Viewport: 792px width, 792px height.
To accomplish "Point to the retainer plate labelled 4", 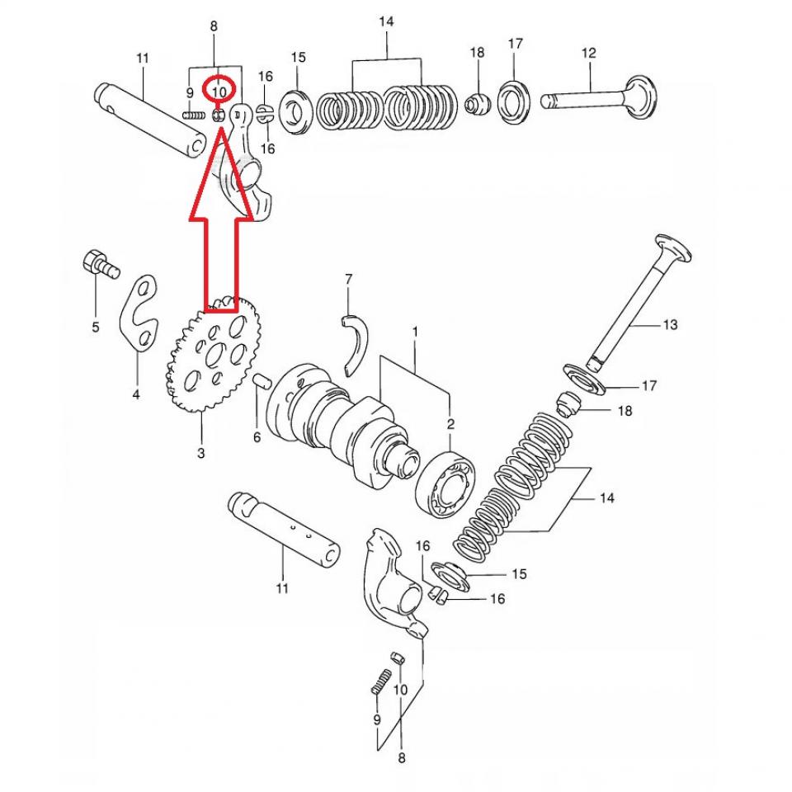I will [x=141, y=313].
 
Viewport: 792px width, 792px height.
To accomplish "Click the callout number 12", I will [x=588, y=54].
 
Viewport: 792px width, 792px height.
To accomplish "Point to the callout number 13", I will [x=669, y=325].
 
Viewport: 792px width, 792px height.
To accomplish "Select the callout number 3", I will [x=200, y=453].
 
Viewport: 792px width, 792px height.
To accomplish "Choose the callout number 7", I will [x=348, y=280].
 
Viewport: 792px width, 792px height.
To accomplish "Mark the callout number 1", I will [x=415, y=332].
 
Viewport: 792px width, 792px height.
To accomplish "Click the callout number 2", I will [x=450, y=425].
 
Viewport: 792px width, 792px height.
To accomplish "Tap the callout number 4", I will [x=136, y=395].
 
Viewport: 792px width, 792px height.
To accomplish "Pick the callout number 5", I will [x=95, y=328].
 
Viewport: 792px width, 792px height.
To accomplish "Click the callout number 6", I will [x=257, y=437].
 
